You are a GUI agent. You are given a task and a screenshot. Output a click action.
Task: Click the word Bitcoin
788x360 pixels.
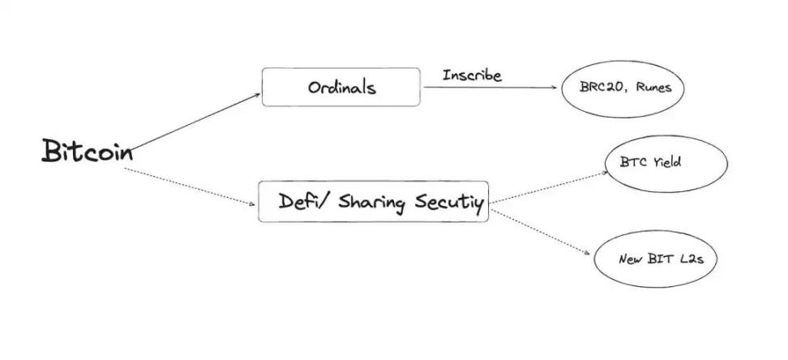pos(88,150)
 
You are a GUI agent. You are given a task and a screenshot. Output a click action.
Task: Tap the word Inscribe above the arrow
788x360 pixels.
pos(472,75)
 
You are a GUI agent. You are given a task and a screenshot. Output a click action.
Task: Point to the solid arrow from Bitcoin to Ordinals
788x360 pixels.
pos(195,122)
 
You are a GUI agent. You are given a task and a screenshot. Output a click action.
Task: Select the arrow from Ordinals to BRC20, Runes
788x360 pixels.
pos(490,88)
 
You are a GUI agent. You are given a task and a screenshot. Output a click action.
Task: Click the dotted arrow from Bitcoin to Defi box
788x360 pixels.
pos(190,186)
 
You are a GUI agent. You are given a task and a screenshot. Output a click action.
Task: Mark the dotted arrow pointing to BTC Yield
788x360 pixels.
pos(549,187)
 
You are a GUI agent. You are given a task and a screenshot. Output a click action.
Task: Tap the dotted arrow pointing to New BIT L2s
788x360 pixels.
pos(540,232)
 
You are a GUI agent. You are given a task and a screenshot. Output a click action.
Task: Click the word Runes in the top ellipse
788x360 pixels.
pos(653,88)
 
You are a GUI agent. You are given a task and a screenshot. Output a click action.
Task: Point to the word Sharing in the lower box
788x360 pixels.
pos(371,204)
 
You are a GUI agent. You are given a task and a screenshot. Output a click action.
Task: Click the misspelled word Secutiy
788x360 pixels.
pos(449,204)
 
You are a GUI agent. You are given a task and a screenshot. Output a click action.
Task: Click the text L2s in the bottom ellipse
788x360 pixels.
pos(691,259)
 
